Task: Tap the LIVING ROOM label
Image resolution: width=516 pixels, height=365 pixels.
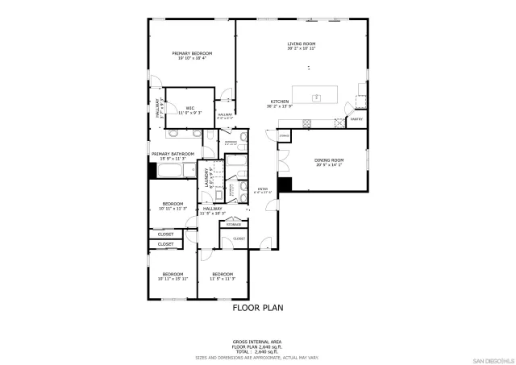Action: pyautogui.click(x=301, y=44)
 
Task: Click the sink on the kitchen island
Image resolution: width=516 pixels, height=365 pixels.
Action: pyautogui.click(x=317, y=98)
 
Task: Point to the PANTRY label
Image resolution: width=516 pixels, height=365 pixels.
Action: pyautogui.click(x=356, y=119)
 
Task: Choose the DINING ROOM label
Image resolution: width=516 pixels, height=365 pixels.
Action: pyautogui.click(x=328, y=160)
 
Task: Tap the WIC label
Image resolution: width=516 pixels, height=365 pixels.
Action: pyautogui.click(x=190, y=107)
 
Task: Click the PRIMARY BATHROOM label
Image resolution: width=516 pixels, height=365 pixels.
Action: pyautogui.click(x=173, y=153)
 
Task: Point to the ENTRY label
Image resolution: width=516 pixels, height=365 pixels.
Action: pyautogui.click(x=264, y=191)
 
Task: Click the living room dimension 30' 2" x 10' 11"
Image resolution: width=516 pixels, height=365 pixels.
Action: pyautogui.click(x=301, y=48)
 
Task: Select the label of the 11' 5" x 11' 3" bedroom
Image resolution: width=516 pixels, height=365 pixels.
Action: pyautogui.click(x=223, y=274)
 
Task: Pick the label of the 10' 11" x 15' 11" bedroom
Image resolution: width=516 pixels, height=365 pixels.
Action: pyautogui.click(x=173, y=274)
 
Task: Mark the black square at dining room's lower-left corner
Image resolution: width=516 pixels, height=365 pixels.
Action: pyautogui.click(x=284, y=185)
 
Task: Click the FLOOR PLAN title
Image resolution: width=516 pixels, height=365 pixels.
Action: pyautogui.click(x=258, y=307)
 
